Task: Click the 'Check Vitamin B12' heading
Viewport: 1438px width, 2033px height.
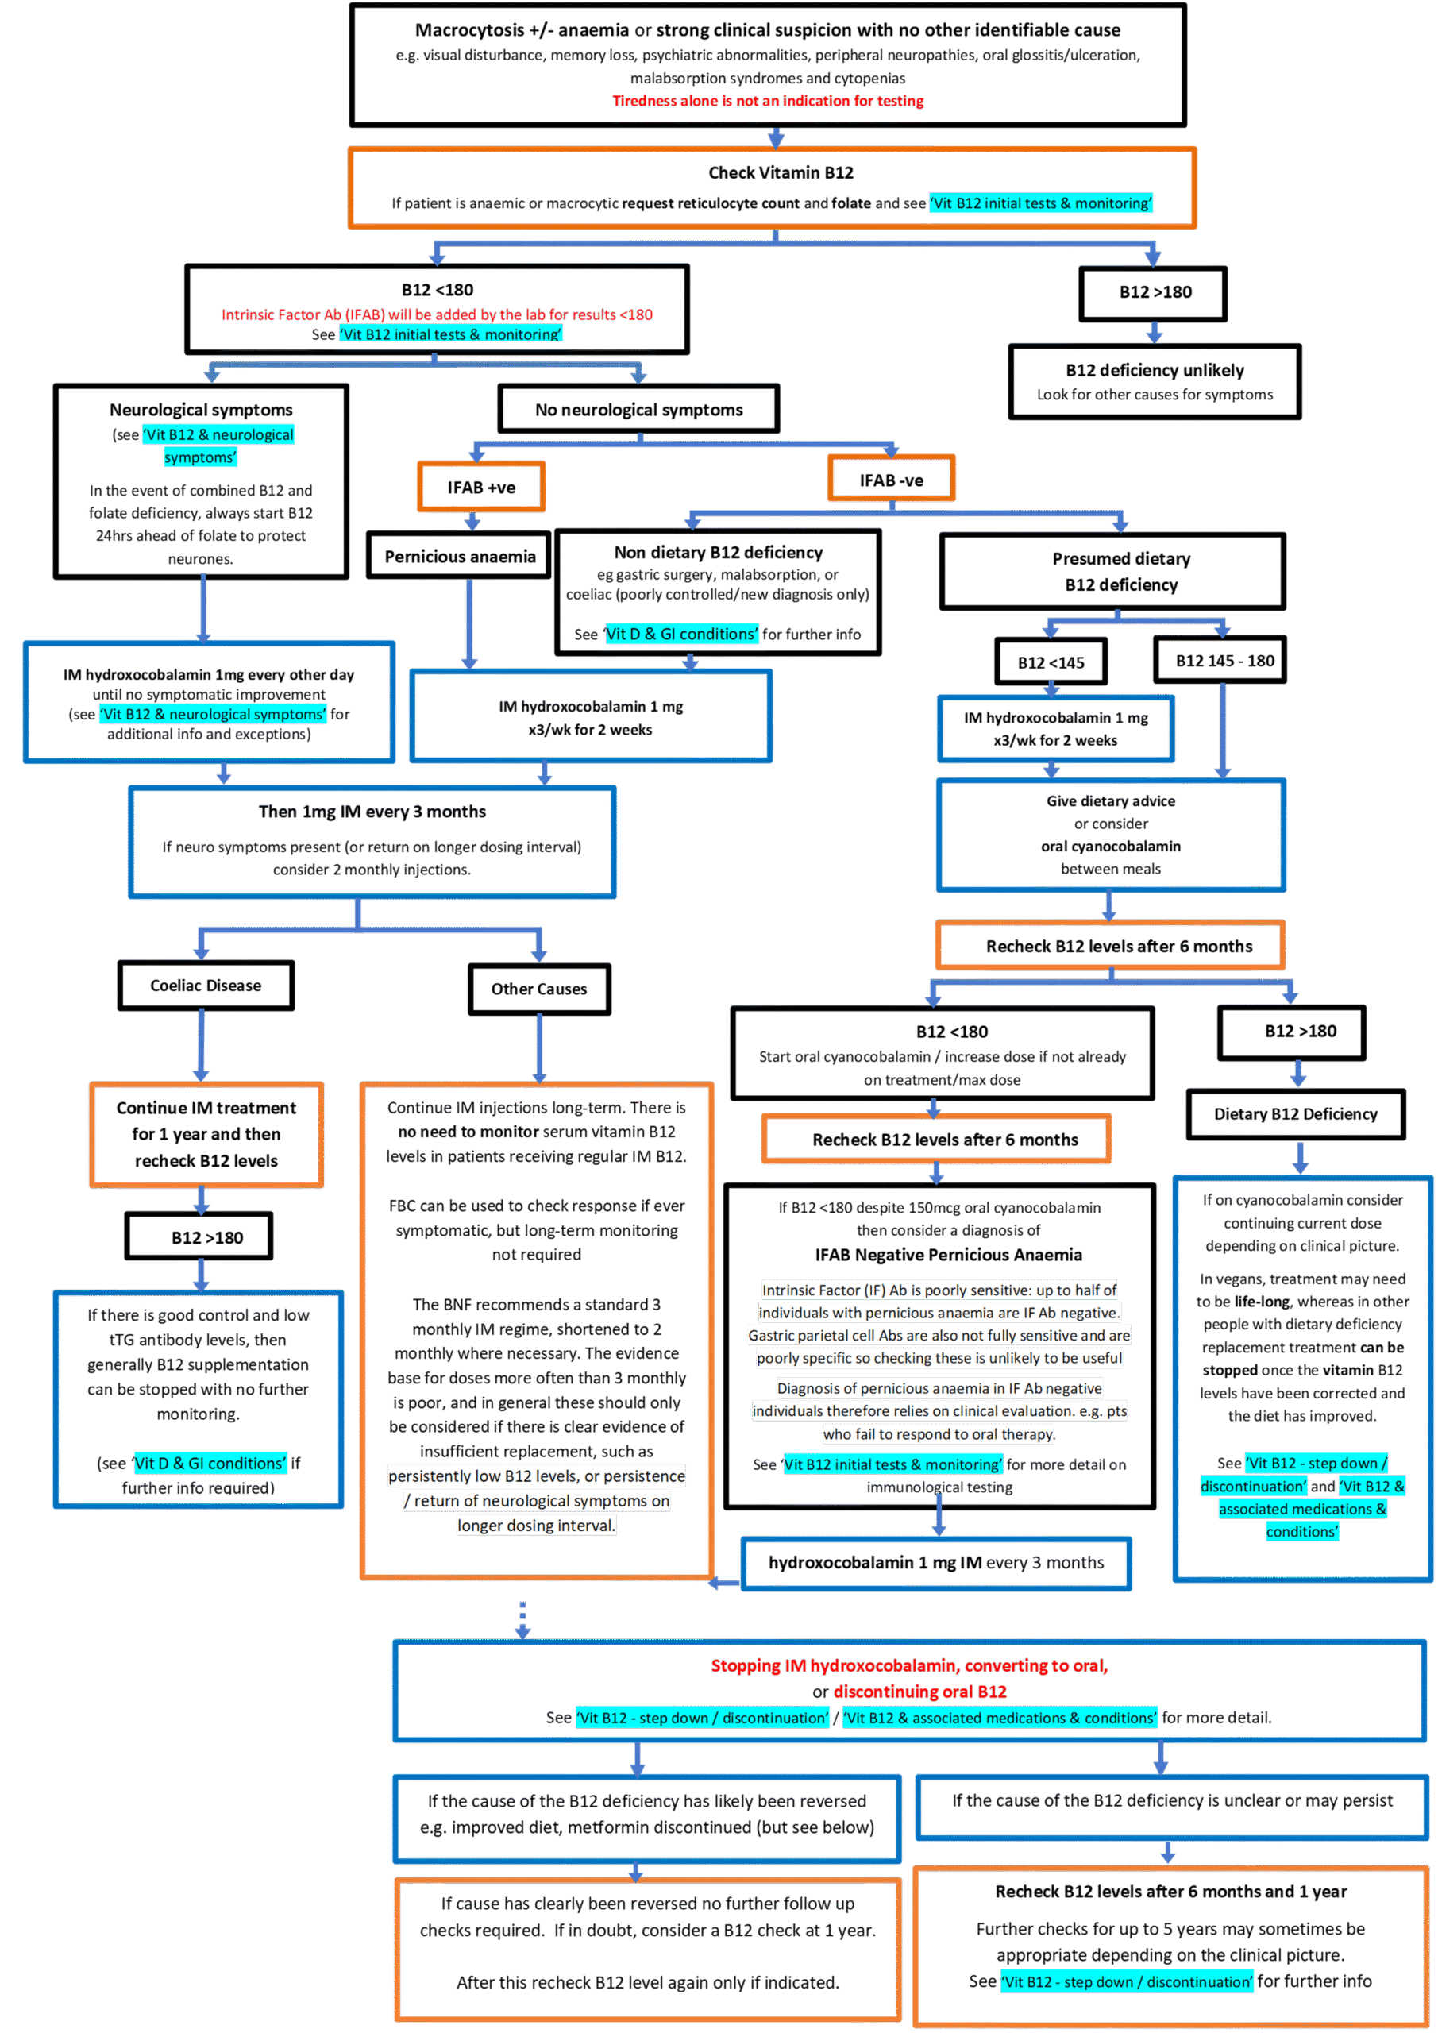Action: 780,172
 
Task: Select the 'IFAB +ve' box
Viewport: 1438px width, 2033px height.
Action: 481,487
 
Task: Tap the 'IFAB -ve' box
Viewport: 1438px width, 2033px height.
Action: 891,480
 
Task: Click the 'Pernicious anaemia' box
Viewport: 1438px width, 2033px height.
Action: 460,556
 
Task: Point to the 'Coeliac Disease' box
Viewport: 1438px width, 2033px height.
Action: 206,986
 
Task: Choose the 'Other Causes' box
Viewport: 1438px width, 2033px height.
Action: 538,989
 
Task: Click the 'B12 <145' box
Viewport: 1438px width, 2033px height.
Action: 1051,662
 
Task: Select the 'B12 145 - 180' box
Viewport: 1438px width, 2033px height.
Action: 1224,661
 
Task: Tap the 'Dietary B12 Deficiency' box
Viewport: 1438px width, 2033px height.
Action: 1294,1114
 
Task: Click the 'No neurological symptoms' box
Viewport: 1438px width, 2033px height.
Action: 638,410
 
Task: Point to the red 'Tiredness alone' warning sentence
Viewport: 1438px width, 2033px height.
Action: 768,101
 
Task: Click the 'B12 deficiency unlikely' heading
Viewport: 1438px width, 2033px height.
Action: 1155,370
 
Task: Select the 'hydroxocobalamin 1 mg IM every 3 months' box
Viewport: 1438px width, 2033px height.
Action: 936,1564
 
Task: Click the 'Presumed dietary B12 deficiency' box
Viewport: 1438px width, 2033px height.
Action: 1120,572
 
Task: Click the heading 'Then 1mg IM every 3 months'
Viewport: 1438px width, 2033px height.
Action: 372,812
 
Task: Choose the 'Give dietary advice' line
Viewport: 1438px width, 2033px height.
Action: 1110,801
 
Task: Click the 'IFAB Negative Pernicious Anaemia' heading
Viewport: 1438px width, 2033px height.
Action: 948,1255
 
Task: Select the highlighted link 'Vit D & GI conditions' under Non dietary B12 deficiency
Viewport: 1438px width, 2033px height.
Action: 681,634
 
